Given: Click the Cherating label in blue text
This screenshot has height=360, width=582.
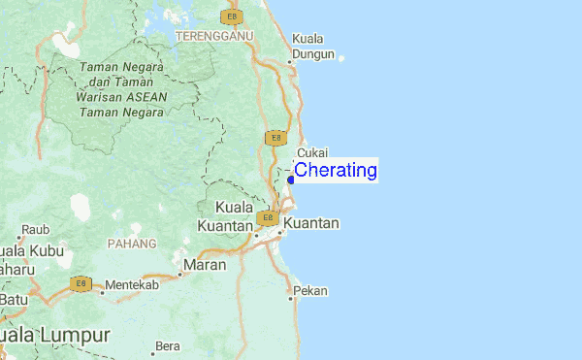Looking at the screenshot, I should click(336, 171).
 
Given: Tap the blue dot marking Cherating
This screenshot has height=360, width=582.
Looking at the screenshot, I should click(291, 179).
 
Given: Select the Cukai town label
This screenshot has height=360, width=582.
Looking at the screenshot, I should click(313, 153).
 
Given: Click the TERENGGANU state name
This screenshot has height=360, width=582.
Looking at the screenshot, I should click(214, 35).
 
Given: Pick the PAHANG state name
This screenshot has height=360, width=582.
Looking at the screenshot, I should click(131, 243).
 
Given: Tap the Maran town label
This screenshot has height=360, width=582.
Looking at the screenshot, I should click(207, 264).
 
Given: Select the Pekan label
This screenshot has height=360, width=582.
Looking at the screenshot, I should click(311, 290).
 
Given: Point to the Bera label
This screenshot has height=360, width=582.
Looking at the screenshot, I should click(168, 345).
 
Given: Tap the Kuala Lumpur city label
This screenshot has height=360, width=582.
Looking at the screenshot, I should click(54, 334).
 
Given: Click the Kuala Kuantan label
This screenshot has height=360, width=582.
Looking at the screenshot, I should click(226, 216).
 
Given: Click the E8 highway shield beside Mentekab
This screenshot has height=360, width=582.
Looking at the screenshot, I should click(80, 284).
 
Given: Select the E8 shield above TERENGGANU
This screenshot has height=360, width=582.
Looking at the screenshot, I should click(230, 16).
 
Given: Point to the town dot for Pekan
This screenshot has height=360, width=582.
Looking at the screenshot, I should click(290, 297).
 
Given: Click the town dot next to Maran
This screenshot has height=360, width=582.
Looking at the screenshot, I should click(180, 263).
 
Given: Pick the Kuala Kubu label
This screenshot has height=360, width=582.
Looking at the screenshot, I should click(32, 250).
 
